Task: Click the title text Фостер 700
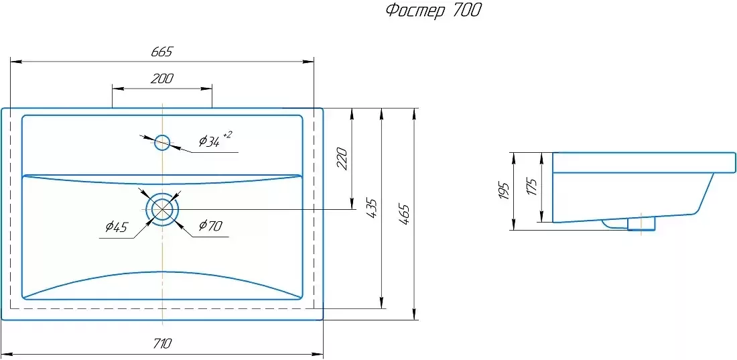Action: click(x=433, y=10)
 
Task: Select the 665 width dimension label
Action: click(x=161, y=52)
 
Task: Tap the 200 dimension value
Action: click(x=162, y=78)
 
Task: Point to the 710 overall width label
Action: click(x=161, y=343)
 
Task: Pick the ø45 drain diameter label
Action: click(x=117, y=228)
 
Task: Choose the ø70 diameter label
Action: click(x=210, y=226)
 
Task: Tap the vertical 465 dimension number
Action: click(x=404, y=214)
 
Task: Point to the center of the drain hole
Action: click(x=162, y=209)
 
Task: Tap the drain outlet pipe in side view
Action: click(x=642, y=223)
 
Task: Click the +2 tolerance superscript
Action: click(x=228, y=135)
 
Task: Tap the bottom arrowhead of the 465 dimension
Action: click(x=414, y=314)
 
